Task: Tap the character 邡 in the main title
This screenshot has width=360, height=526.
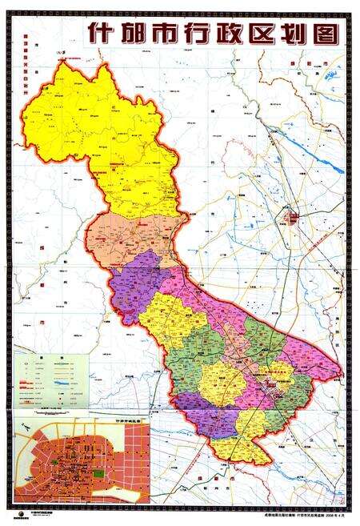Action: coord(136,36)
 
